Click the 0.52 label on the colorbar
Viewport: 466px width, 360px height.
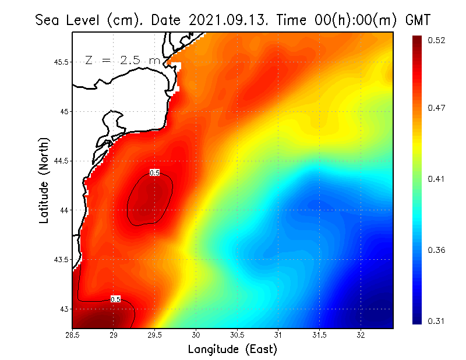tap(436, 40)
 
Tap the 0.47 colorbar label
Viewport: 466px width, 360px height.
tap(436, 108)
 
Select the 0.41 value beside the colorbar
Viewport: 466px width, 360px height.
tap(436, 179)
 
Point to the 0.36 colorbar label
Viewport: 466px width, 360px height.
tap(436, 250)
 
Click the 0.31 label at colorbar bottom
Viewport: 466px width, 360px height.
tap(436, 321)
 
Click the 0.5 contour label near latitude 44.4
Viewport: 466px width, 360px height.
tap(154, 172)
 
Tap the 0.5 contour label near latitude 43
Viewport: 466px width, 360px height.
tap(115, 299)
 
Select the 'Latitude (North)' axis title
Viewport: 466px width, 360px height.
tap(44, 180)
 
